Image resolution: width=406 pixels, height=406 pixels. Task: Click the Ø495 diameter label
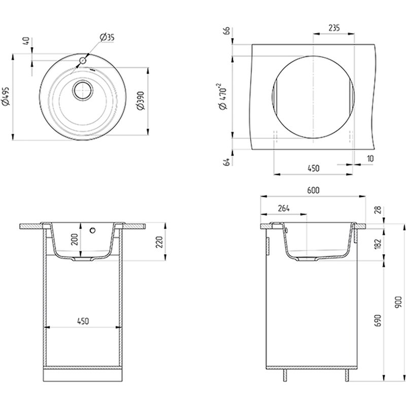click(6, 96)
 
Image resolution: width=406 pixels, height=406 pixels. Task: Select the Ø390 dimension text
click(141, 100)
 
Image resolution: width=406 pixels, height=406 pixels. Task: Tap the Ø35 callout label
click(107, 37)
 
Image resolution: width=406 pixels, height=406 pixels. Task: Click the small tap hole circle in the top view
click(83, 61)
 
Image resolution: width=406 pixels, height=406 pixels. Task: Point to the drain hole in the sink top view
click(83, 90)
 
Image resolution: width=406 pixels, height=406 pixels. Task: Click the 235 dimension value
click(334, 28)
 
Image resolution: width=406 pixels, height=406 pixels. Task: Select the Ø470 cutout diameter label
click(223, 96)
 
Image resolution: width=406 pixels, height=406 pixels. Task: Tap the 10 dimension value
click(370, 158)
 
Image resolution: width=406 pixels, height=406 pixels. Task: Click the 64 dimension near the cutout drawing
click(226, 161)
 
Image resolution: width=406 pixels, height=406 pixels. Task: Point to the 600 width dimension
click(313, 190)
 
